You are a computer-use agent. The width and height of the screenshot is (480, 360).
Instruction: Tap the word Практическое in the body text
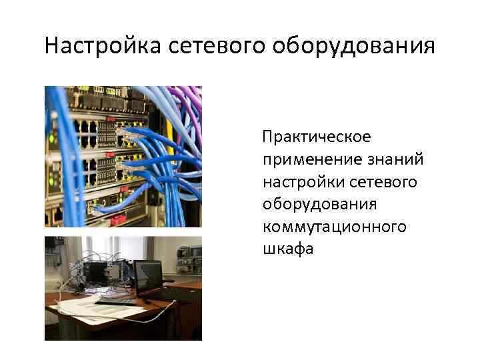pyautogui.click(x=317, y=137)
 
